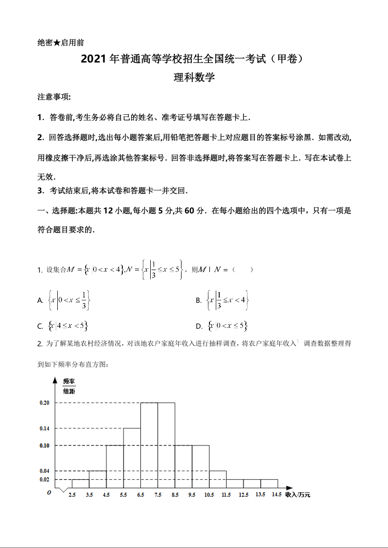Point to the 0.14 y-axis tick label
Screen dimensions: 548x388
45,428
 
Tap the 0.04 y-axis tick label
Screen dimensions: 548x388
45,471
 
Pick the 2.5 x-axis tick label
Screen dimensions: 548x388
72,495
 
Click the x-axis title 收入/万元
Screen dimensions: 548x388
298,495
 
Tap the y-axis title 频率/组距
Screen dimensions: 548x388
69,386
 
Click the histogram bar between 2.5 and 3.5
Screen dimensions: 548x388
80,484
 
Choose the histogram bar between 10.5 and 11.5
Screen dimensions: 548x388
218,479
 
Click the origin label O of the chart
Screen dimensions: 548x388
49,493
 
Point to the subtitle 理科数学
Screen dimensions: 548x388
194,77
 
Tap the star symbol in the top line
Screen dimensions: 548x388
57,43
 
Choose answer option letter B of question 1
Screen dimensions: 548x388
199,301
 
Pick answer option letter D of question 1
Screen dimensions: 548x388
199,326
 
